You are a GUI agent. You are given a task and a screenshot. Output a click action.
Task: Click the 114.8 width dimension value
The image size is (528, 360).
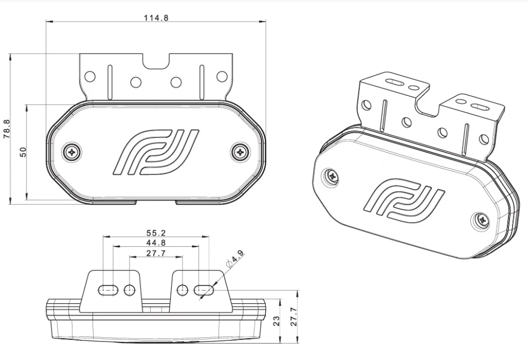point(156,17)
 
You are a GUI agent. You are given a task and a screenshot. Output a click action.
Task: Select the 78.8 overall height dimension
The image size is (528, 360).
point(6,128)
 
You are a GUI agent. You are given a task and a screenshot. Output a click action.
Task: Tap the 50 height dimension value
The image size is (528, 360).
point(23,152)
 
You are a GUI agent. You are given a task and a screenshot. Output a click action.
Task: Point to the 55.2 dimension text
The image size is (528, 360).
point(156,232)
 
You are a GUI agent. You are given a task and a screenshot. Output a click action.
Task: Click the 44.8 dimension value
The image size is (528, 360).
point(156,243)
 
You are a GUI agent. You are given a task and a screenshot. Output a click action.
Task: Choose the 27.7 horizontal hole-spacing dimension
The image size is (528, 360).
point(156,254)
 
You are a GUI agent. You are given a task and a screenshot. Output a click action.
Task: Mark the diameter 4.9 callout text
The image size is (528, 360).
point(235,260)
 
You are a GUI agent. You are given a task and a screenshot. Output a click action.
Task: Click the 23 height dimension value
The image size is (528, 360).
point(276,321)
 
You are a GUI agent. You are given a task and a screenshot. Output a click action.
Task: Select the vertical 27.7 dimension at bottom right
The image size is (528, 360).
point(294,316)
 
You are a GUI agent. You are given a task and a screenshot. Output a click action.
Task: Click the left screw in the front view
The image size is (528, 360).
point(71,152)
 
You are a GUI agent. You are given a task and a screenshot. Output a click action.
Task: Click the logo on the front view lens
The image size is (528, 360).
point(156,151)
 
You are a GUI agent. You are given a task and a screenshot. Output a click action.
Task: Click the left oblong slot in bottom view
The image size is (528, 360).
point(108,290)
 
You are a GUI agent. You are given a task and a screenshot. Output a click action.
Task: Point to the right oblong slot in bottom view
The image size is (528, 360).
point(204,290)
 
